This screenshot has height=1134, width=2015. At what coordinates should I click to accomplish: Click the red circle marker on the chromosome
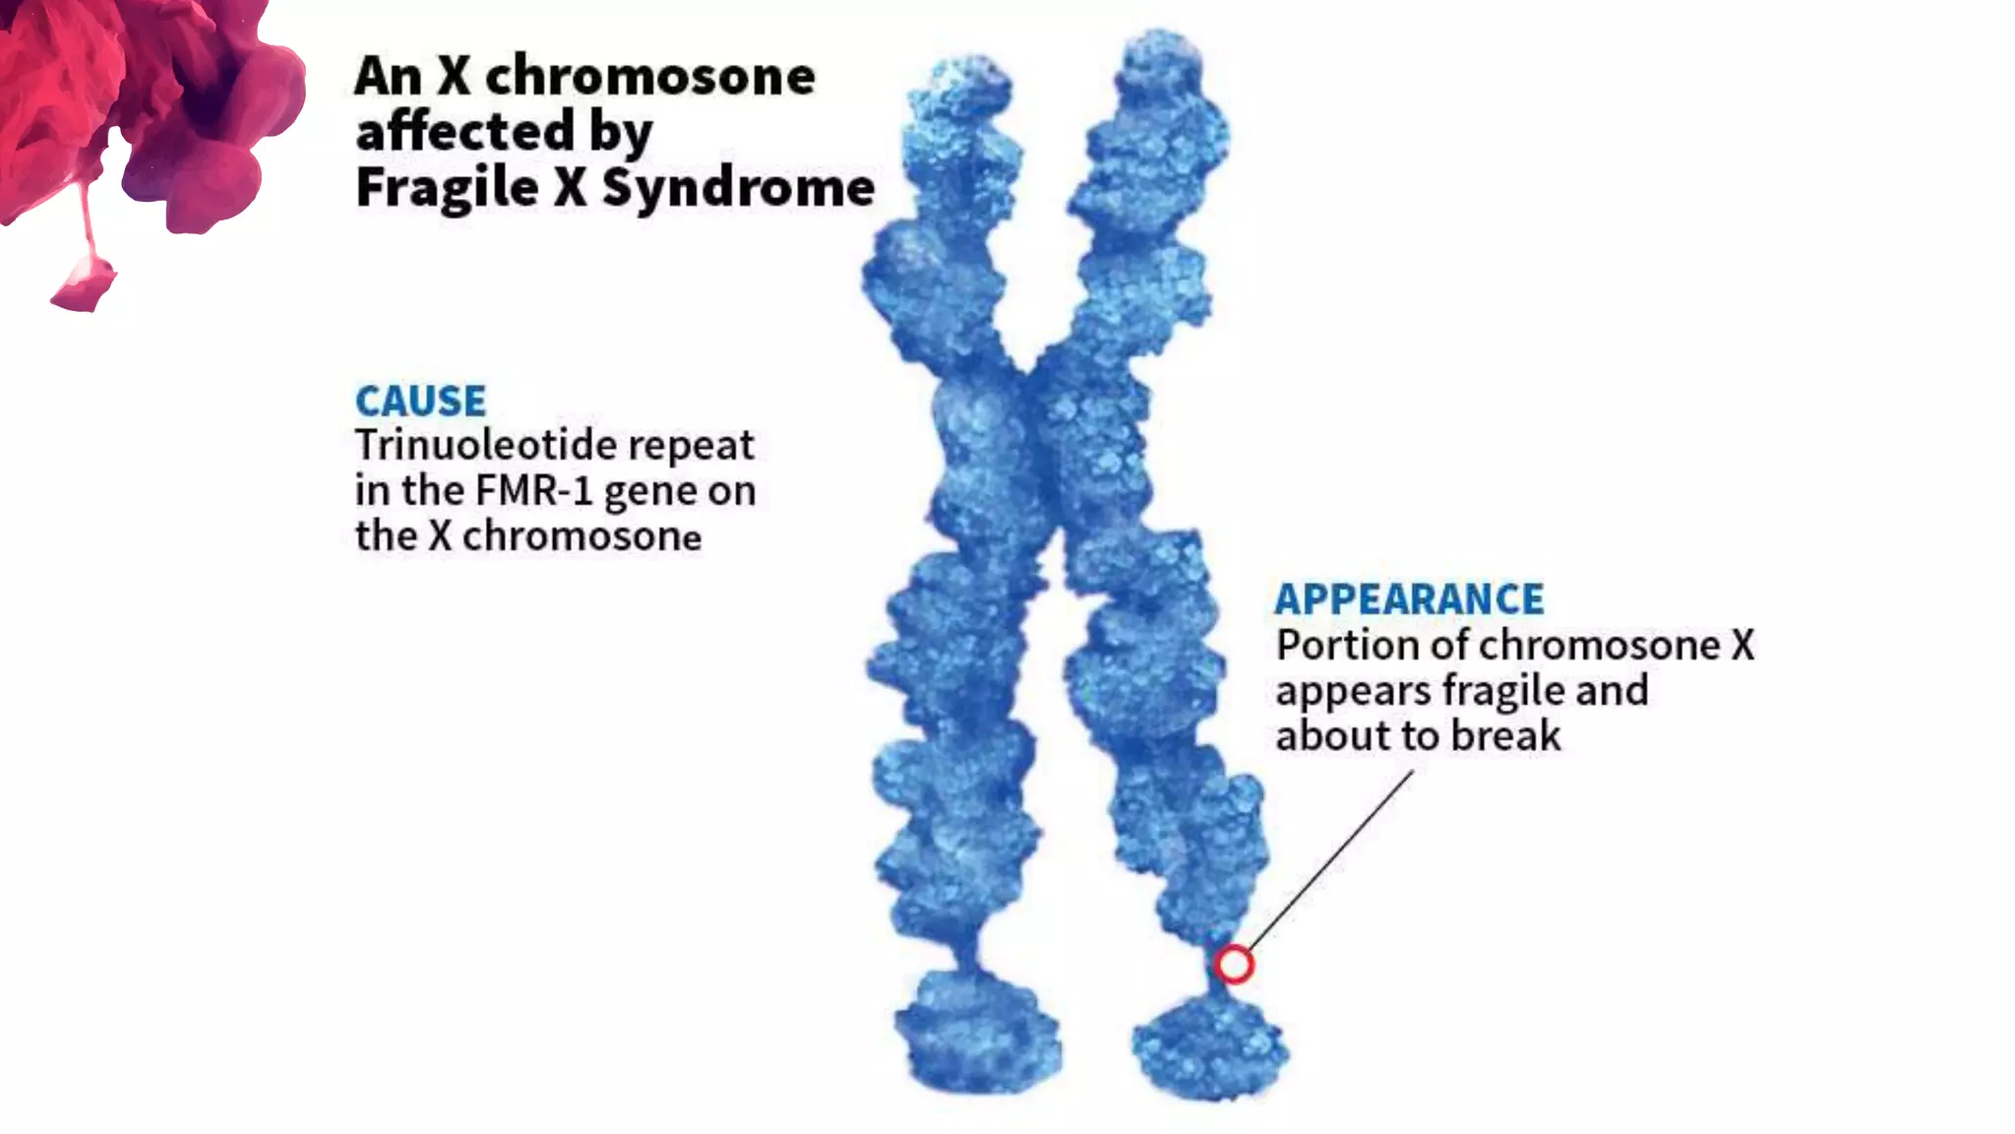(x=1233, y=965)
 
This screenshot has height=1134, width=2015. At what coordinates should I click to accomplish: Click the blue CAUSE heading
(x=420, y=402)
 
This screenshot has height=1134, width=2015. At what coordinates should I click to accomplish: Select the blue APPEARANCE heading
(x=1409, y=599)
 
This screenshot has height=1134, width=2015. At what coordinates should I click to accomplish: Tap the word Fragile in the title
(x=448, y=187)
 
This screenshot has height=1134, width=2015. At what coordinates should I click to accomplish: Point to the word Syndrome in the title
(x=738, y=187)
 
